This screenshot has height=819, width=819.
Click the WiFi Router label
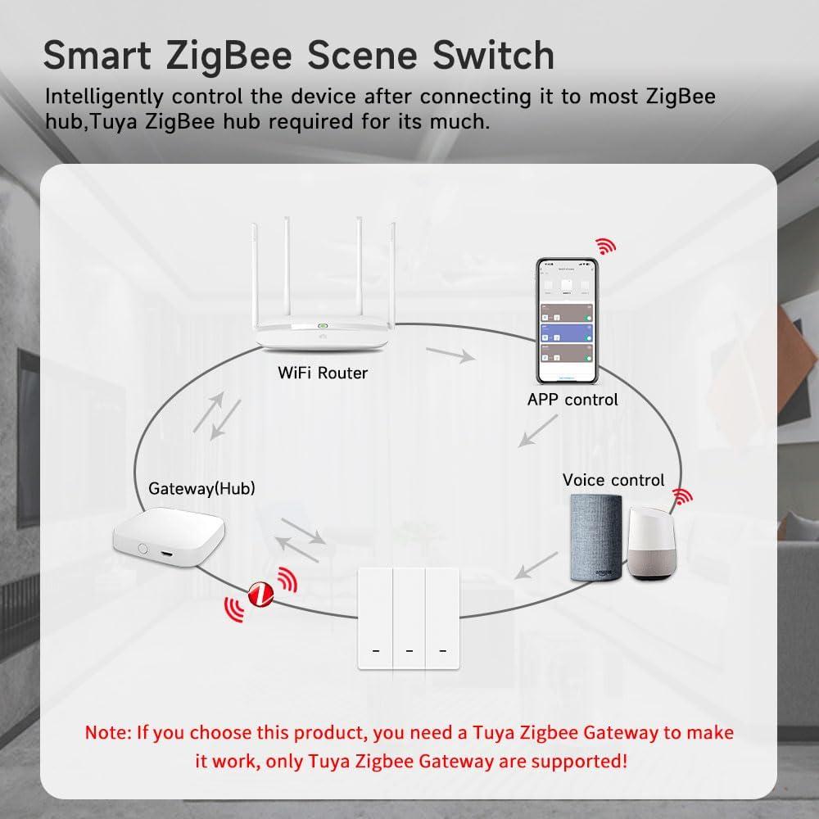(x=323, y=373)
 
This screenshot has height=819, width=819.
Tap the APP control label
(x=572, y=400)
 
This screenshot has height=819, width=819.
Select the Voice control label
(x=613, y=480)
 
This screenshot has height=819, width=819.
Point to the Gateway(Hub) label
(x=201, y=488)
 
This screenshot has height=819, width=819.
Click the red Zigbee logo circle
(x=260, y=591)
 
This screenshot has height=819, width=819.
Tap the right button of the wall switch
(x=443, y=618)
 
